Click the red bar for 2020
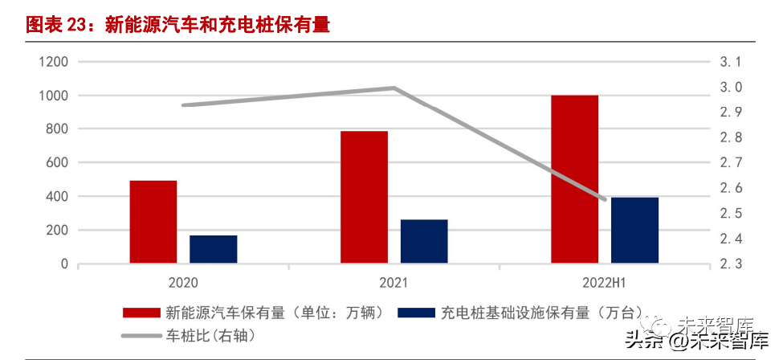click(153, 222)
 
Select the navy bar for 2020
click(214, 249)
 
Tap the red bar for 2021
click(364, 197)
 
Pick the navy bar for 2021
click(424, 241)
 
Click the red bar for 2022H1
click(575, 179)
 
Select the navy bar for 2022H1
click(635, 230)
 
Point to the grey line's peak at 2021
click(394, 88)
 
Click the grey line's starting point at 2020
click(183, 105)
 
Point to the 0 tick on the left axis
click(64, 264)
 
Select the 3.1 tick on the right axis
click(730, 62)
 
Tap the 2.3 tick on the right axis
click(730, 264)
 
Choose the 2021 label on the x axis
click(394, 283)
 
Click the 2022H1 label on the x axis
click(605, 283)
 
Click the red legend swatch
click(142, 313)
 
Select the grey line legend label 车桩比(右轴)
click(210, 335)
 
